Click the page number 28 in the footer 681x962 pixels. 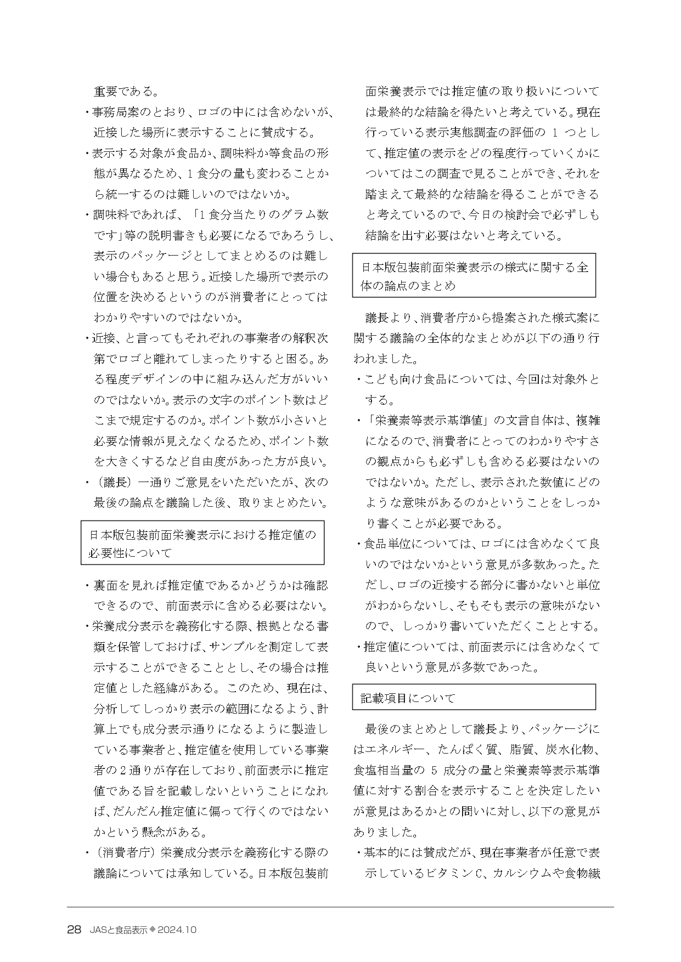75,930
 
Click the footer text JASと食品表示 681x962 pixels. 117,930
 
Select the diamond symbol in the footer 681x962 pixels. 153,930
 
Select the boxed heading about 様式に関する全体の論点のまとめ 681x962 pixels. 474,276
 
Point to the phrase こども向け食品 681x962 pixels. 403,379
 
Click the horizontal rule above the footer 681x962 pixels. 340,907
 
